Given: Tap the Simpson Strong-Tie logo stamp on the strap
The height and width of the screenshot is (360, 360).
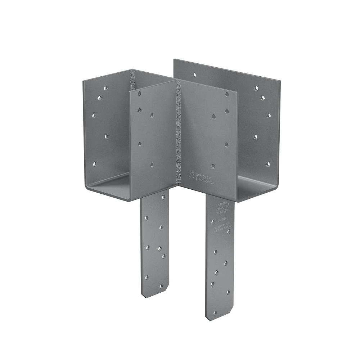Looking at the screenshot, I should pos(221,208).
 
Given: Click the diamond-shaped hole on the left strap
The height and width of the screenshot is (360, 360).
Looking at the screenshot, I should pos(159,248).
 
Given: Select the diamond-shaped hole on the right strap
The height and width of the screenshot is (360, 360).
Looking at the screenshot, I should pos(217,273).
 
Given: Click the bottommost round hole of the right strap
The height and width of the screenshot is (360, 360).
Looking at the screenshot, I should pos(215,313).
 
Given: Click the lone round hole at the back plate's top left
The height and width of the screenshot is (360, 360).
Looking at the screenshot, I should pos(194,75).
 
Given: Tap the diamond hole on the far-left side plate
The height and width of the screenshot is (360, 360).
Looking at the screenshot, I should pos(98,97).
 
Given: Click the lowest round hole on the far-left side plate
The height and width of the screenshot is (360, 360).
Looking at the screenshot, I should pos(95,164).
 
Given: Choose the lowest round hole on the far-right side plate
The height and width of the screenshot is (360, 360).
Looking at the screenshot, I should pos(268,164).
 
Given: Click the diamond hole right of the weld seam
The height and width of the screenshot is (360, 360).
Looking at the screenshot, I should pos(227,111).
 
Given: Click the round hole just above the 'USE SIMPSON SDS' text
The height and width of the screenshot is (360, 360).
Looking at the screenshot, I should pos(213,166).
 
